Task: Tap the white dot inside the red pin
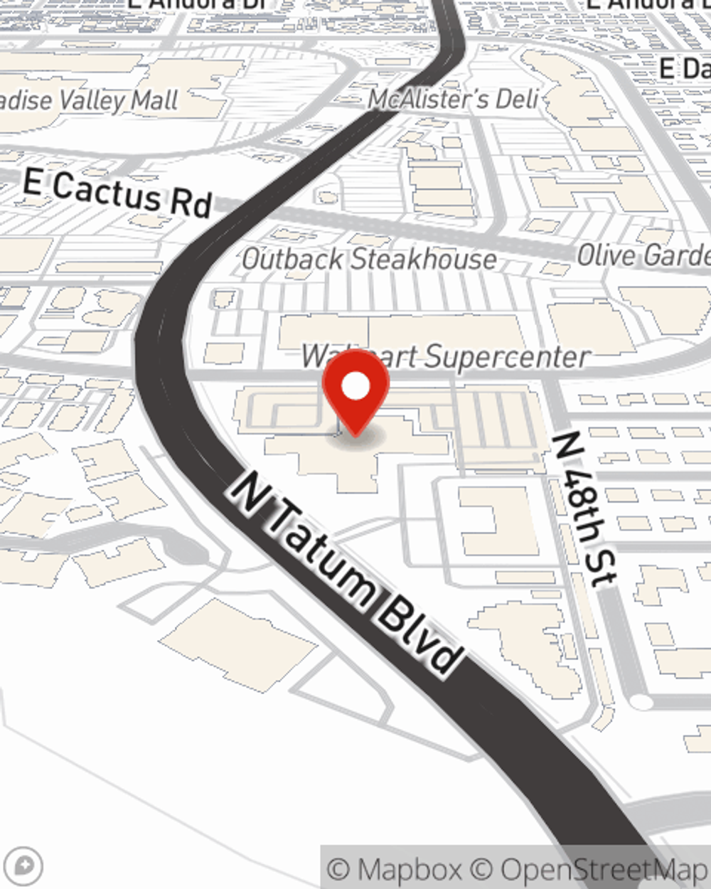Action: tap(355, 387)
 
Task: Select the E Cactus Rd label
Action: tap(117, 192)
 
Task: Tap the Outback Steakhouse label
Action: tap(369, 259)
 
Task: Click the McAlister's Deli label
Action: tap(453, 99)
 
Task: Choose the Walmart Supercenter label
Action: tap(446, 356)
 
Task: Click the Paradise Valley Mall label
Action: tap(89, 100)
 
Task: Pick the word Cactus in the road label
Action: tap(107, 191)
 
